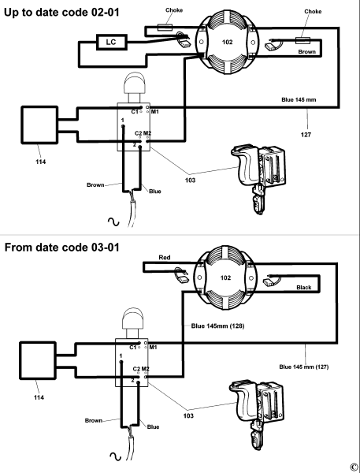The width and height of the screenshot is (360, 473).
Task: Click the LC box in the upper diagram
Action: coord(112,42)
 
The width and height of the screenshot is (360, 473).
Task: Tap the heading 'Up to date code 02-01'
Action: coord(61,13)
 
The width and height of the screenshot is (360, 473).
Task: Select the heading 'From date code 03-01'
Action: coord(62,248)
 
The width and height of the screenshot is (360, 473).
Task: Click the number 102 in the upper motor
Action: coord(228,42)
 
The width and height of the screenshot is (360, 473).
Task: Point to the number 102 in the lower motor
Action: coord(225,277)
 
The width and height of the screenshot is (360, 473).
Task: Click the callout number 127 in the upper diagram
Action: coord(306,135)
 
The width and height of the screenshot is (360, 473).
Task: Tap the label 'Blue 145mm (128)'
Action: coord(217,326)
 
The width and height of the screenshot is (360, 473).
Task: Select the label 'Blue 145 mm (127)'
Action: coord(304,367)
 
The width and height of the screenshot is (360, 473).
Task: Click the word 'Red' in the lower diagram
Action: coord(165,257)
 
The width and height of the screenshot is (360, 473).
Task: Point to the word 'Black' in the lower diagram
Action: coord(304,287)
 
